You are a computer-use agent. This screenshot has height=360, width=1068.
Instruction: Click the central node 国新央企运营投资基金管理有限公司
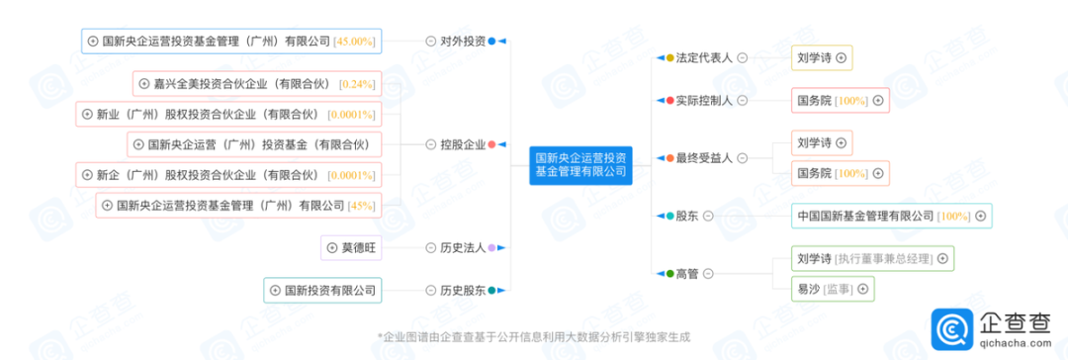(580, 164)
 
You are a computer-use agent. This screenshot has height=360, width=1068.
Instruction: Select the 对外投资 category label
(463, 42)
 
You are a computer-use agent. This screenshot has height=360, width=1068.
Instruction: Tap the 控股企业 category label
(463, 144)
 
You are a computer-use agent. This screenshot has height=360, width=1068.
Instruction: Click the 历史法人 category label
(463, 248)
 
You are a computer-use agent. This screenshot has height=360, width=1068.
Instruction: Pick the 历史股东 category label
(463, 291)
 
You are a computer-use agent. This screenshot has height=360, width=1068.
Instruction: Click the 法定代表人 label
(704, 58)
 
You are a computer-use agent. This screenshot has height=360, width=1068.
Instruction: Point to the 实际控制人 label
(704, 100)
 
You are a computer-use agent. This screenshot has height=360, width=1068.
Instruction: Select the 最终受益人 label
(704, 158)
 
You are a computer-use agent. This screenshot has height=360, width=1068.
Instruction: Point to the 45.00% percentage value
(355, 42)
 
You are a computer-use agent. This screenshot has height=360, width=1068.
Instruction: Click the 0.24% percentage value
(357, 84)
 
